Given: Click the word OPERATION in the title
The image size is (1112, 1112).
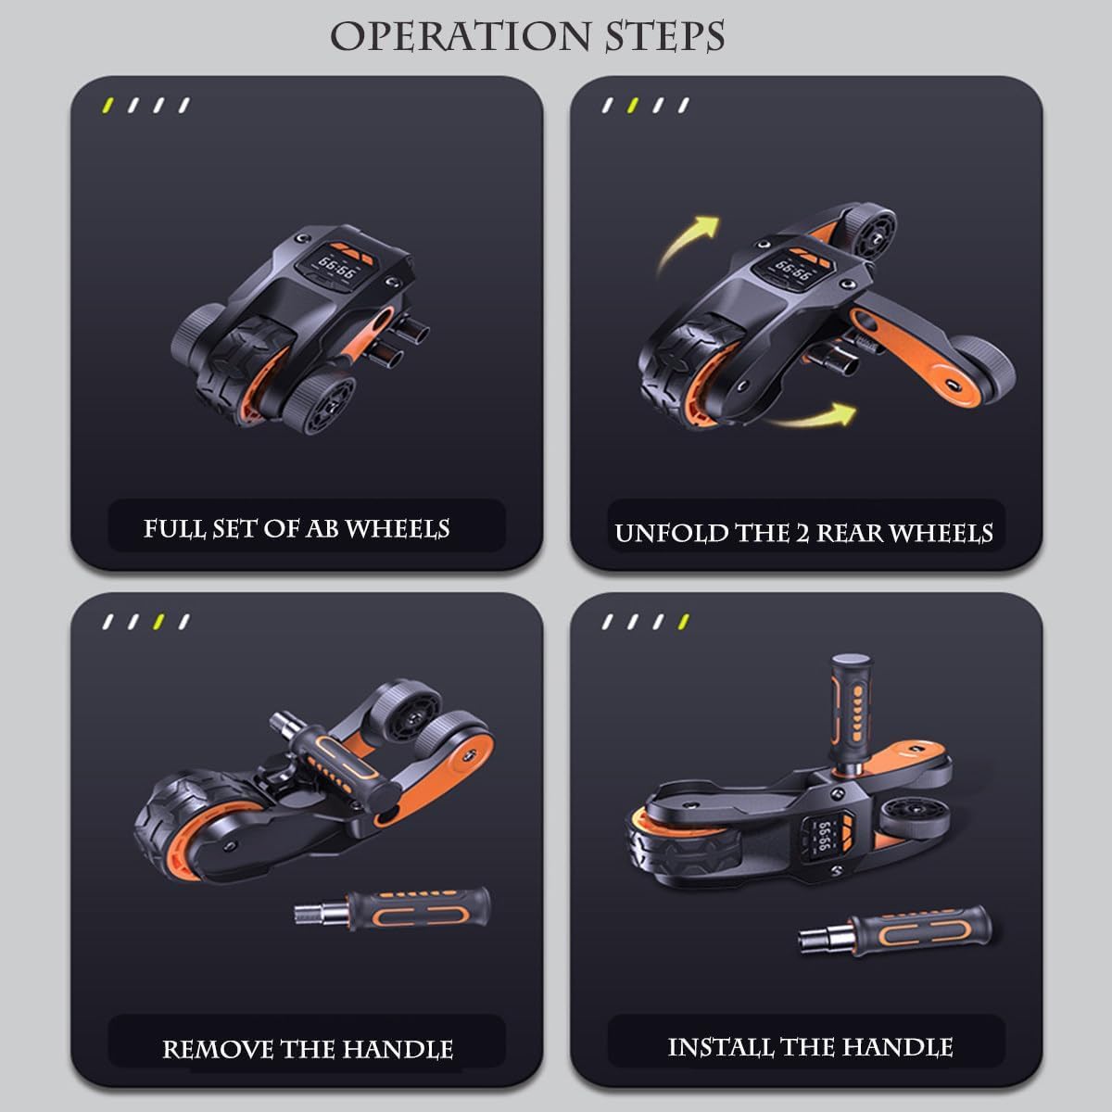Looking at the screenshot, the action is tap(461, 36).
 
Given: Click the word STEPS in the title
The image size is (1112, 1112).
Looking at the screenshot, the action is tap(664, 36).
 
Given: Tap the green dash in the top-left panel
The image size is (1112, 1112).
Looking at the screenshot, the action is tap(107, 106).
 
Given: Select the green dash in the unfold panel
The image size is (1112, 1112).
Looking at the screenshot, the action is tap(633, 106).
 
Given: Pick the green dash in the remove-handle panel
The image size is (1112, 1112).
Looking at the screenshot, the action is tap(158, 622).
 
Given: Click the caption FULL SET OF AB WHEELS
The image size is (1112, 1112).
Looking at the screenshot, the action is tap(296, 528).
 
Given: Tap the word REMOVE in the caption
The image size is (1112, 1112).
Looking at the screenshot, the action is tap(218, 1050).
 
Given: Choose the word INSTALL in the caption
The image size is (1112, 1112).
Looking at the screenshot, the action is tap(721, 1047).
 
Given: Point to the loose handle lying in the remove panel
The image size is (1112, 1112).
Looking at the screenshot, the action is tap(392, 909).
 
